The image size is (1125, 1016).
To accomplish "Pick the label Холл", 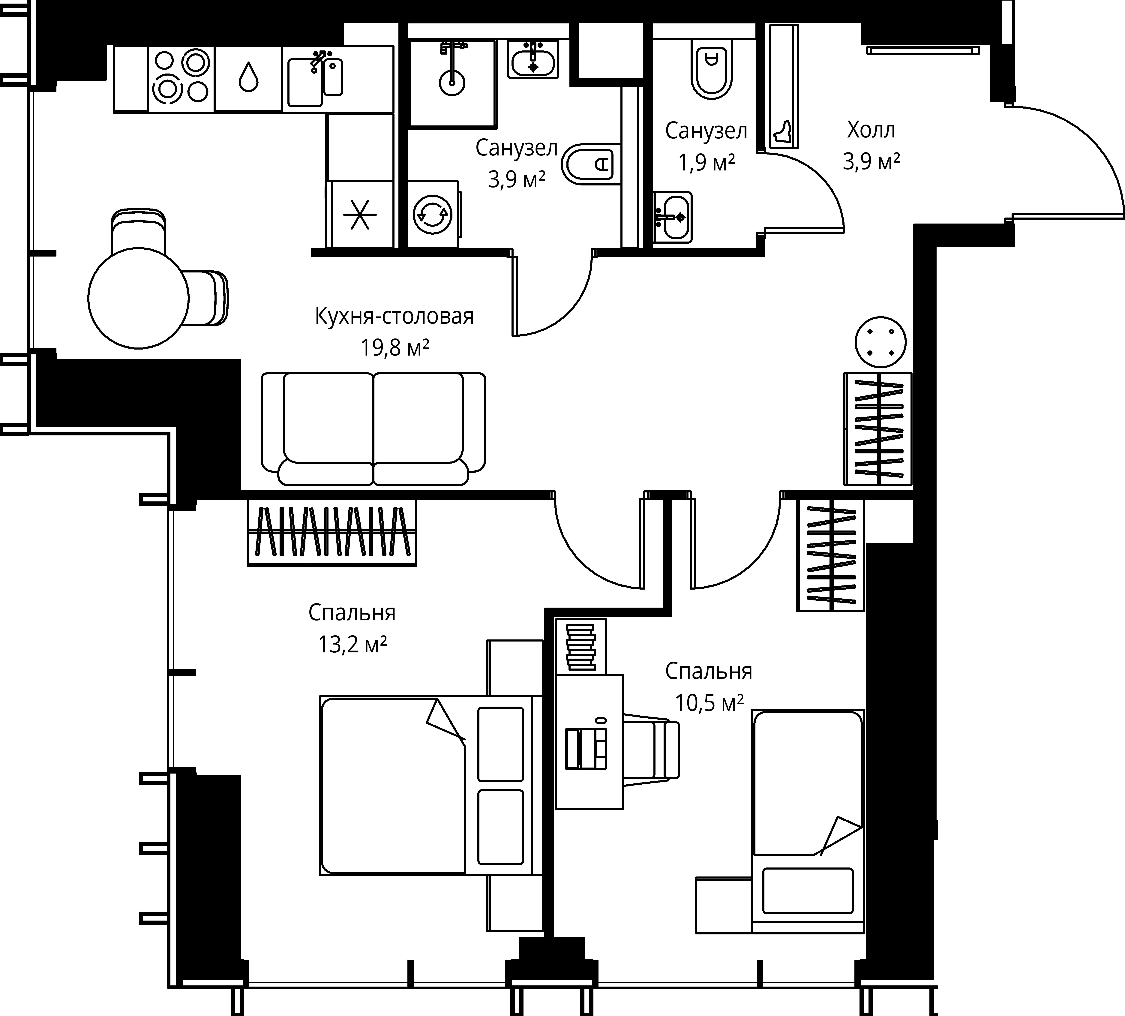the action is (x=871, y=130).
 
